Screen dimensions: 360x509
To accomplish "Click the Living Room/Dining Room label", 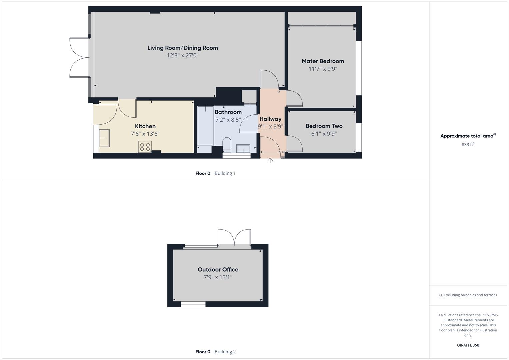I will (183, 48).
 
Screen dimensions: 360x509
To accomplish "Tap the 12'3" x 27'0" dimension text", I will (183, 55).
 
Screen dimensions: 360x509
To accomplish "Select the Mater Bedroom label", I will (323, 61).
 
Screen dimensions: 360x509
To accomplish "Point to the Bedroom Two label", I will (324, 126).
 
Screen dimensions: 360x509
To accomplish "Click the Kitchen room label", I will (145, 126).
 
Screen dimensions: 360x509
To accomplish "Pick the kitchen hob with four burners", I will (145, 147).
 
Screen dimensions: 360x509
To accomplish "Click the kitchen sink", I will (104, 138).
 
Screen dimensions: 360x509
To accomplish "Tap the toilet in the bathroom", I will (227, 144).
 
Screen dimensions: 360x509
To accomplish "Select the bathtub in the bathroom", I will (205, 125).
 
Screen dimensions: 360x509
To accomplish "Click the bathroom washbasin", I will (243, 148).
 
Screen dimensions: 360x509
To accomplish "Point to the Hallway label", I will (270, 119).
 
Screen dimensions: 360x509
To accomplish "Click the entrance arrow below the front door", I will (270, 160).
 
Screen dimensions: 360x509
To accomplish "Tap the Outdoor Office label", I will (218, 269).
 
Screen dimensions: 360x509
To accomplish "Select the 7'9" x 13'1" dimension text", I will (218, 277).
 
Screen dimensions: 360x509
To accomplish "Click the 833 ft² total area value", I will (468, 144).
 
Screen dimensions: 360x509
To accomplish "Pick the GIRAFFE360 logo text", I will (468, 345).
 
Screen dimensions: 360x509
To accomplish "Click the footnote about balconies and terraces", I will (468, 295).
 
